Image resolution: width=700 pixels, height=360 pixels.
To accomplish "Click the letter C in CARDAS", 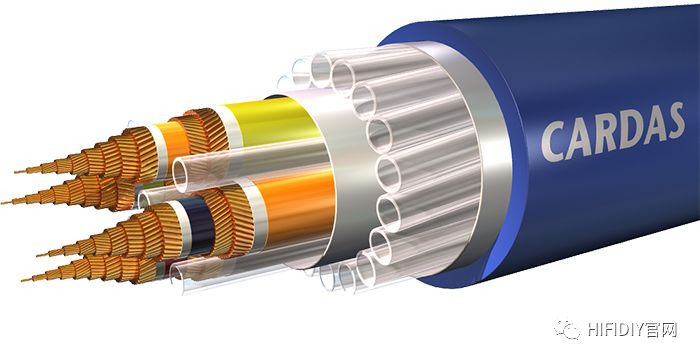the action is [x=553, y=142].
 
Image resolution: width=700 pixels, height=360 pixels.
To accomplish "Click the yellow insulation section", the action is [x=271, y=121].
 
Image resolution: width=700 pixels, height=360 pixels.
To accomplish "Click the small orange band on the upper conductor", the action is [x=174, y=142].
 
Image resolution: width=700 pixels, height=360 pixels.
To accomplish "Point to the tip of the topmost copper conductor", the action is [x=16, y=172].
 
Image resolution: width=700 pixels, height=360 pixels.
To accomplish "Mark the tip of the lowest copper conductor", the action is [x=23, y=280].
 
